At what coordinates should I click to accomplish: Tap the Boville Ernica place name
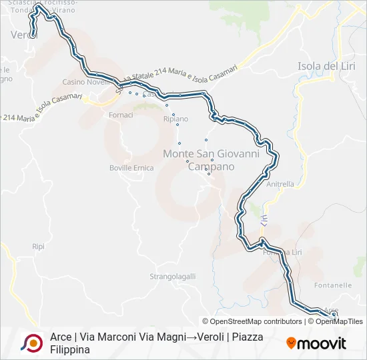(x=131, y=168)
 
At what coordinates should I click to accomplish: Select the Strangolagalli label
(x=172, y=275)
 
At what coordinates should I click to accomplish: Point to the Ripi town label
(x=38, y=246)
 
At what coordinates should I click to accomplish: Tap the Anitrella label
(x=280, y=184)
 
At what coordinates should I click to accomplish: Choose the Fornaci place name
(x=121, y=115)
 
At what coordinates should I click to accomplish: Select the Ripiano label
(x=175, y=119)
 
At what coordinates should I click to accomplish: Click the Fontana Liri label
(x=282, y=252)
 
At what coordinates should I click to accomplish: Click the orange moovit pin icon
(x=291, y=343)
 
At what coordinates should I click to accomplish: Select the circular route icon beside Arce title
(x=31, y=343)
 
